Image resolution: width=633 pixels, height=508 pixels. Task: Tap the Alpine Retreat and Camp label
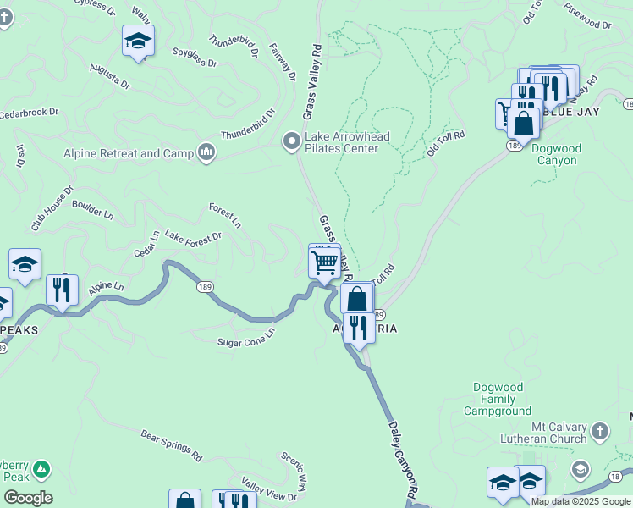(128, 153)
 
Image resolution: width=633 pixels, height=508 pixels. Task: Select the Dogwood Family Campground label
(498, 399)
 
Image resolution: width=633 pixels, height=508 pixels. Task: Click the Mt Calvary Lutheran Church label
(547, 432)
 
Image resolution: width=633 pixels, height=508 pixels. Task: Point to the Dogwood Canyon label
(556, 154)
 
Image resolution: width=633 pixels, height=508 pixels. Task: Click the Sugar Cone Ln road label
(246, 337)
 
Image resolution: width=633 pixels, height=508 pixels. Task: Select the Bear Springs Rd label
(172, 444)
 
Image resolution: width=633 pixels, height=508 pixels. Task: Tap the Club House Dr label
(53, 208)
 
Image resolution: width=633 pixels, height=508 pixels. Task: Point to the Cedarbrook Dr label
(29, 112)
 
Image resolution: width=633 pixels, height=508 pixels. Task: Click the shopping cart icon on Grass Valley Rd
(325, 262)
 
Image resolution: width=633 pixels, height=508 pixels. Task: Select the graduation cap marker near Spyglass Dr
(138, 41)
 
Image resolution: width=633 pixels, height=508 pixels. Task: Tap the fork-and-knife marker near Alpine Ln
(62, 290)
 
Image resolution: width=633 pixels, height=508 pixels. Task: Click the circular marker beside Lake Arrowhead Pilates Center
(292, 141)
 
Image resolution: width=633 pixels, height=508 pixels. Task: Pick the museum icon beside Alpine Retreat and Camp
(206, 152)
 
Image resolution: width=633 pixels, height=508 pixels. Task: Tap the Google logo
(28, 498)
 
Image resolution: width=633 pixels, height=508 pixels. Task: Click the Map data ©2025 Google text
(581, 501)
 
